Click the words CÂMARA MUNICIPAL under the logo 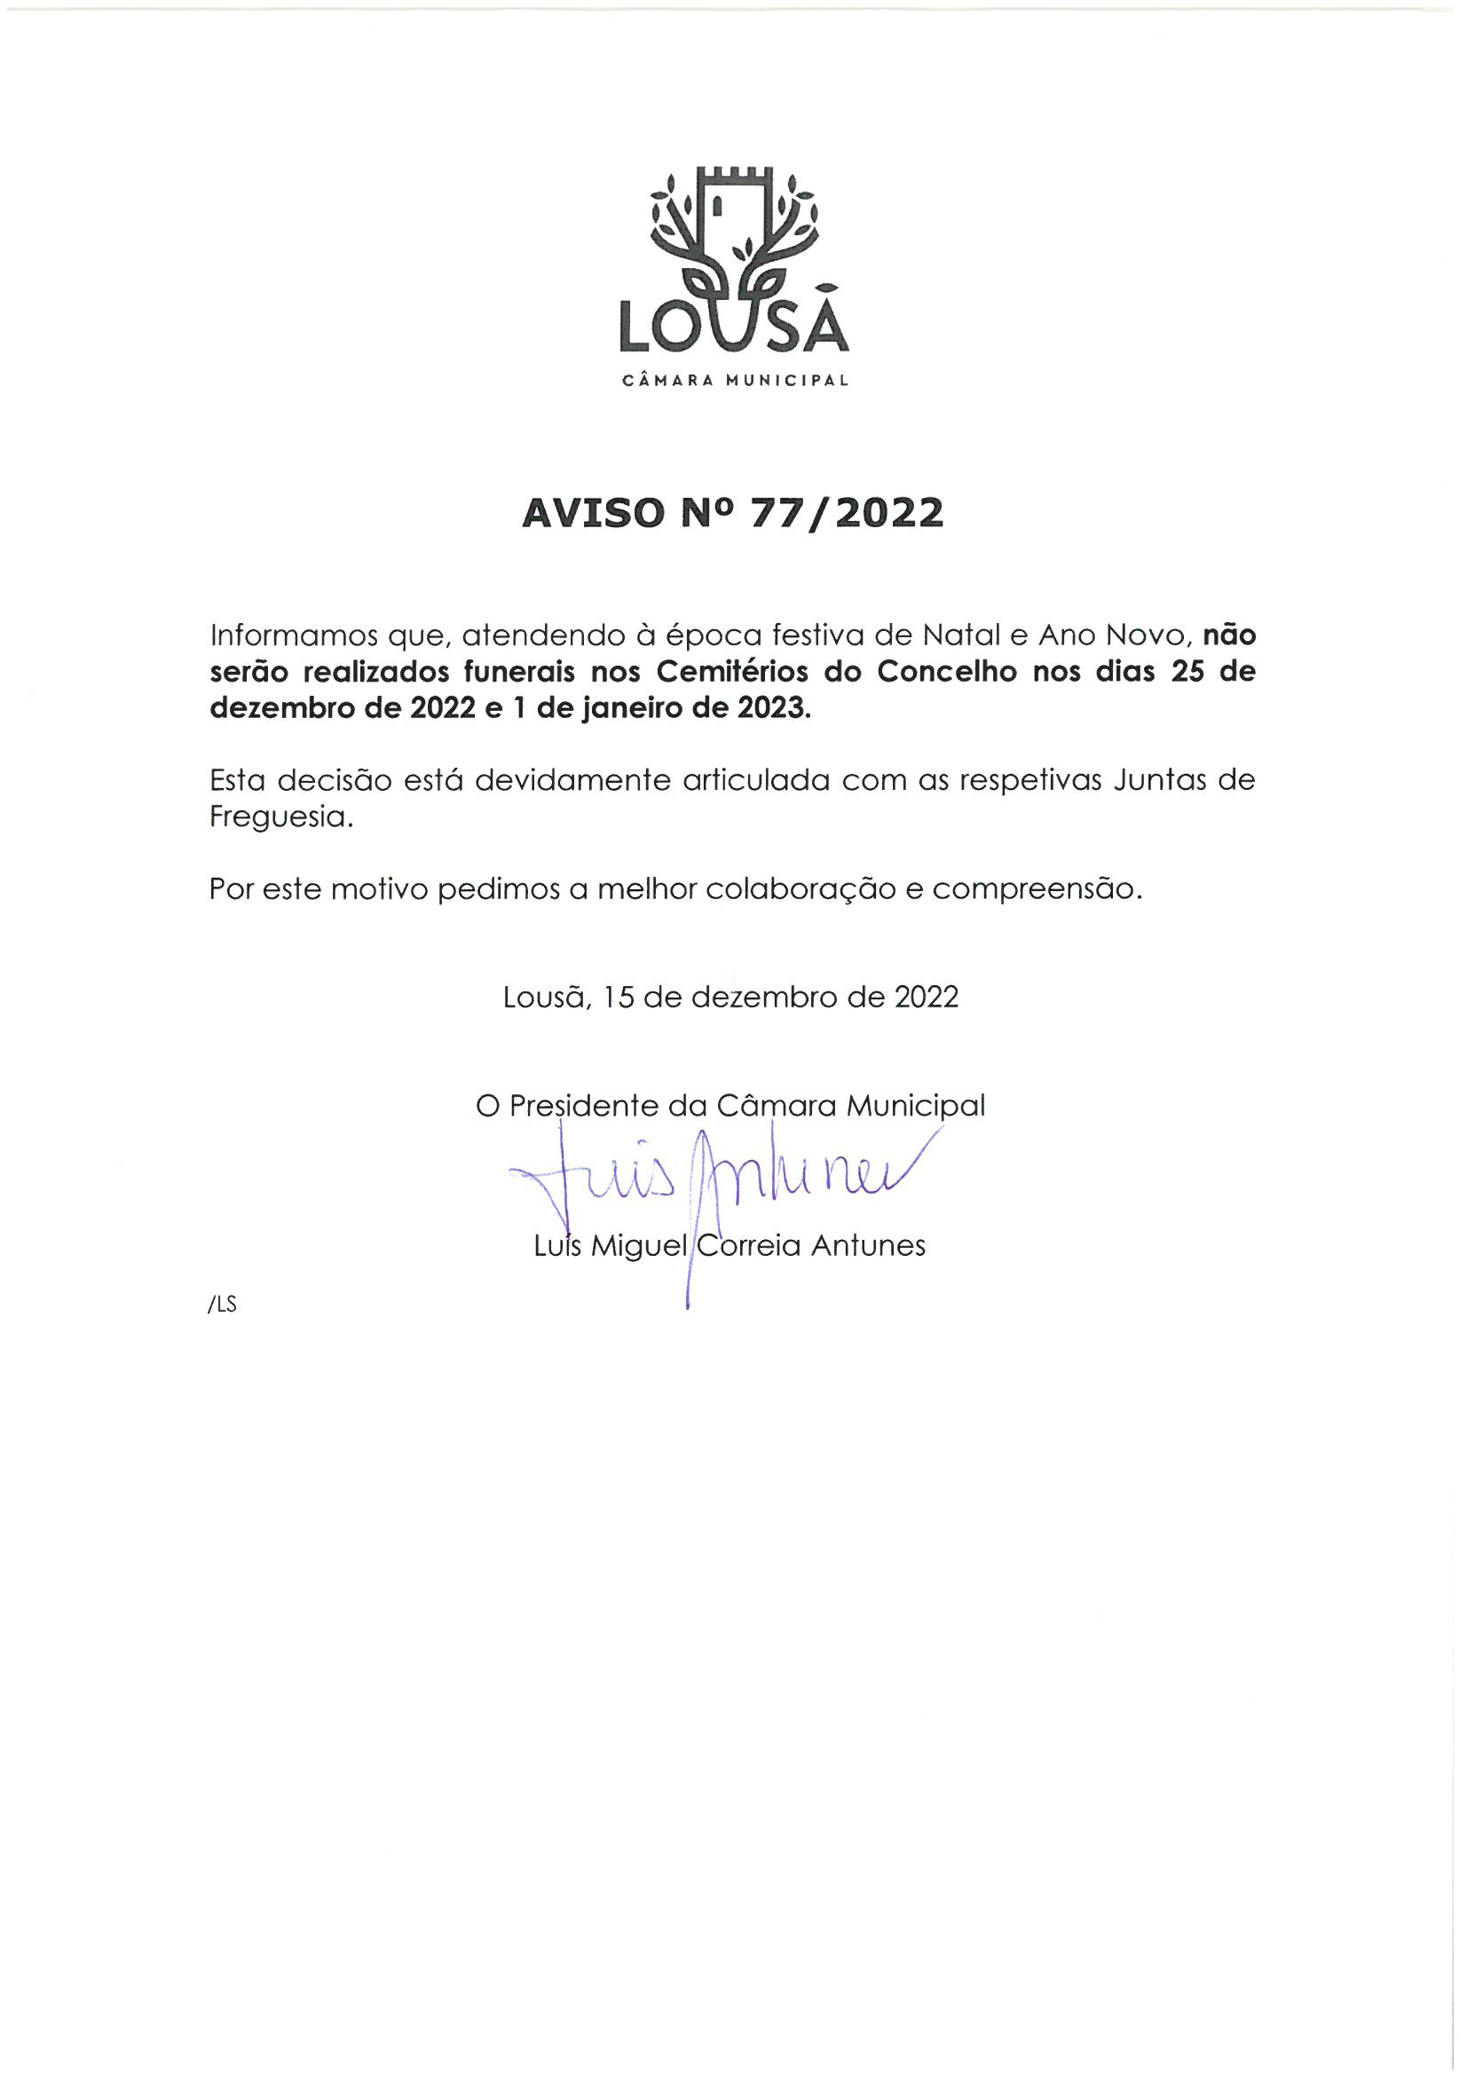point(735,381)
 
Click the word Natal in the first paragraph point(961,635)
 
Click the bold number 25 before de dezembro point(1188,672)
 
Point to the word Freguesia point(281,817)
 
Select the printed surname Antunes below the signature point(868,1245)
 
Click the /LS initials point(223,1305)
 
